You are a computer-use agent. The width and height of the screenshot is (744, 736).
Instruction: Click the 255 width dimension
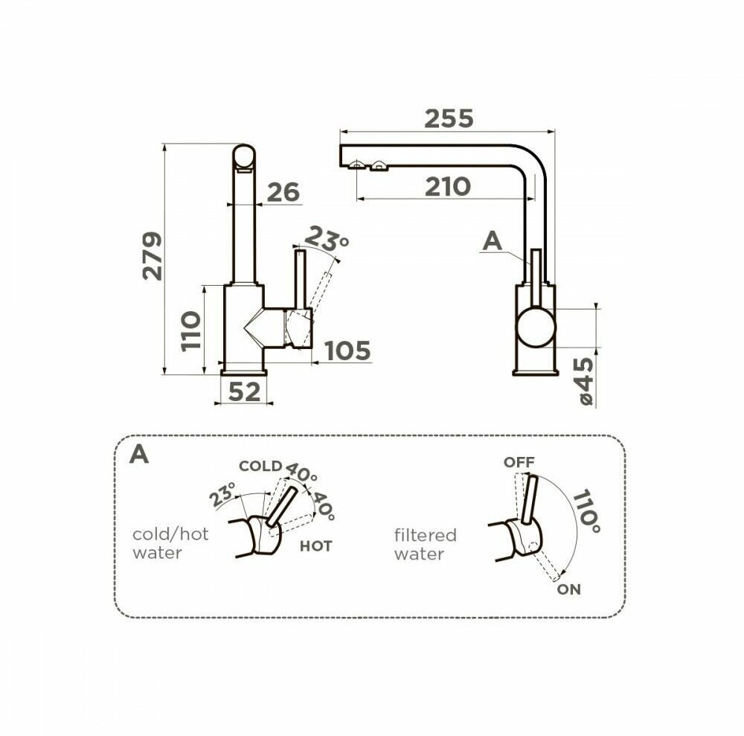click(x=449, y=118)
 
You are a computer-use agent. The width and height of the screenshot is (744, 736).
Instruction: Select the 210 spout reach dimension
click(x=447, y=187)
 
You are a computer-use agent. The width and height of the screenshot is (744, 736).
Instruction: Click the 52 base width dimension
click(x=244, y=392)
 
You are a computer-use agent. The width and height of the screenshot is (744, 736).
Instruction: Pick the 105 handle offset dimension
click(x=347, y=351)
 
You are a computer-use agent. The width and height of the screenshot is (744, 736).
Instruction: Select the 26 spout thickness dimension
click(x=283, y=193)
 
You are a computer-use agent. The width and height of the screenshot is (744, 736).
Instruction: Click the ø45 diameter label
click(x=586, y=382)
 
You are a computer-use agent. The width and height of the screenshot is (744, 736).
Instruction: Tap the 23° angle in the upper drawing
click(x=326, y=240)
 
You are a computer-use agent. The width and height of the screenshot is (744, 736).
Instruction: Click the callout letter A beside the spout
click(x=492, y=241)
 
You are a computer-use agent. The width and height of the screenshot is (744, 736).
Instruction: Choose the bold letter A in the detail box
click(x=139, y=454)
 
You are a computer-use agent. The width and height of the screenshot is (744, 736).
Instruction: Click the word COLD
click(x=260, y=467)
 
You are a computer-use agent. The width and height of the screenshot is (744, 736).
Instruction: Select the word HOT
click(x=315, y=546)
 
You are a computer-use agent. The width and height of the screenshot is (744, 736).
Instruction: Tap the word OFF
click(x=519, y=462)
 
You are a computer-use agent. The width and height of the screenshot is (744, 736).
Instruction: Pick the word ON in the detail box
click(x=569, y=589)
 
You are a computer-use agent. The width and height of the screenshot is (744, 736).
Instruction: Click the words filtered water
click(x=425, y=544)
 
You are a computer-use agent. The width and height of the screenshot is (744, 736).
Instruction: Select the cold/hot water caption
click(x=170, y=543)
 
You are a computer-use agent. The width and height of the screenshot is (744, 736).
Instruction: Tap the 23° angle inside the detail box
click(x=222, y=494)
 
